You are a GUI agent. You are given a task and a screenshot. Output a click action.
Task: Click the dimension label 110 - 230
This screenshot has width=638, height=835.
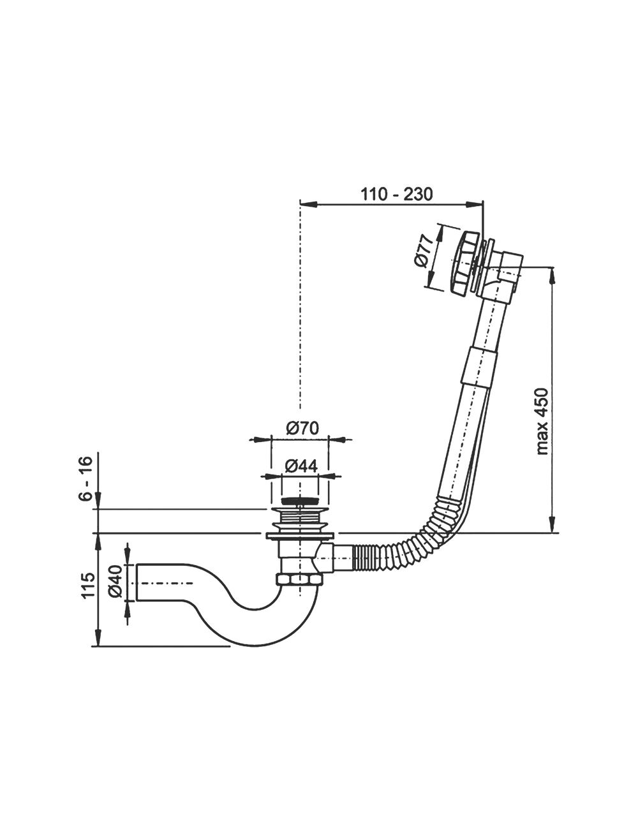396,194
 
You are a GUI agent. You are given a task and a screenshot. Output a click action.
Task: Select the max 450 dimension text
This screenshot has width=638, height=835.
543,420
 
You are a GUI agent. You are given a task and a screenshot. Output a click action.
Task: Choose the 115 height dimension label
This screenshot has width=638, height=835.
89,585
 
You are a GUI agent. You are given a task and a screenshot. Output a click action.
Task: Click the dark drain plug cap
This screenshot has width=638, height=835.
299,501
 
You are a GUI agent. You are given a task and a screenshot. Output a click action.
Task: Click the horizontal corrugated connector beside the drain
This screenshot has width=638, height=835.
371,558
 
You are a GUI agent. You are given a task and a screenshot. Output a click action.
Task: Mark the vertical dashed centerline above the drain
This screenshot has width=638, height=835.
299,319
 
